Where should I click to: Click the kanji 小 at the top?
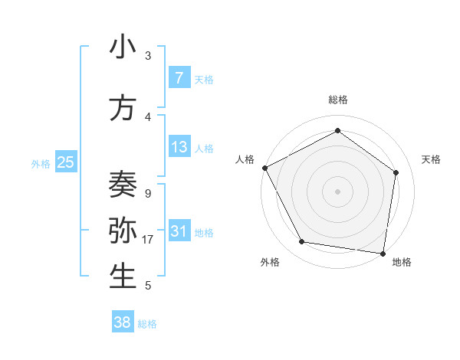click(x=123, y=47)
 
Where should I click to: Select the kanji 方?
click(x=123, y=109)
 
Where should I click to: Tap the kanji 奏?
click(x=123, y=184)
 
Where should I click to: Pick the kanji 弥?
click(x=123, y=231)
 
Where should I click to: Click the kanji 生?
click(x=123, y=277)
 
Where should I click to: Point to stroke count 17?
click(x=148, y=240)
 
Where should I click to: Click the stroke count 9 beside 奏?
click(x=147, y=194)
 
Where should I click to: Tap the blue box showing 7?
click(x=179, y=77)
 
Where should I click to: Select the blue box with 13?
click(x=179, y=147)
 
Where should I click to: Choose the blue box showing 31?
click(x=179, y=231)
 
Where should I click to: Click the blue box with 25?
click(x=65, y=162)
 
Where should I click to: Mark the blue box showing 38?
click(x=122, y=323)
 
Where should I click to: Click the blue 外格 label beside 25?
click(x=41, y=163)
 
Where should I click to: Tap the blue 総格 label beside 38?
click(x=147, y=324)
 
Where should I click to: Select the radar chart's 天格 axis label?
click(x=431, y=159)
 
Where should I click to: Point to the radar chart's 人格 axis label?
click(x=245, y=159)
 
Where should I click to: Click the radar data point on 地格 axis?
click(x=383, y=253)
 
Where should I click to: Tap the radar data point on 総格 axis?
click(x=337, y=131)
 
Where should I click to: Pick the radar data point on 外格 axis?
click(x=302, y=242)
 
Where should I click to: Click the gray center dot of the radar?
click(x=337, y=191)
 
